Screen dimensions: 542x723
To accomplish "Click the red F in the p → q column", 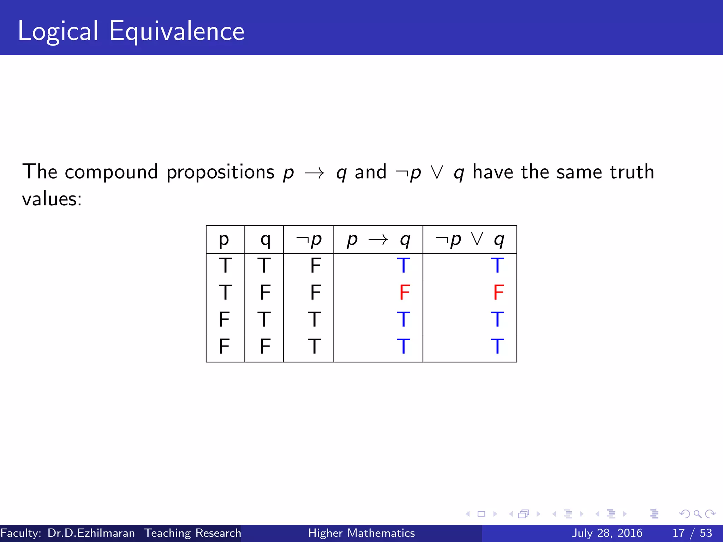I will click(405, 292).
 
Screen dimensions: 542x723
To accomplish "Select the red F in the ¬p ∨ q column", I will click(498, 292).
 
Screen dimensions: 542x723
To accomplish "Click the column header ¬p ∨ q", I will click(470, 240).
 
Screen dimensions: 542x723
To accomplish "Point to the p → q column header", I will click(378, 240).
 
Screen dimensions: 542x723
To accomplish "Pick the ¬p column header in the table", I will click(309, 240).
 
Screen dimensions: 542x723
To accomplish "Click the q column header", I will click(265, 240).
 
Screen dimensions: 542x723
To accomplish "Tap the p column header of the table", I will click(224, 240).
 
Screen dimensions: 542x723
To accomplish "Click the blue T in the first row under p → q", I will click(404, 265).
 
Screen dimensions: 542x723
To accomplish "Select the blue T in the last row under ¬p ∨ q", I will click(497, 346).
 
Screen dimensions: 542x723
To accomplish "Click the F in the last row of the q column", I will click(265, 346).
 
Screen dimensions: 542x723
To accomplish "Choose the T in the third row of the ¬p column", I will click(314, 319).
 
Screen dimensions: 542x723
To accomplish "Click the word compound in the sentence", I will click(111, 172).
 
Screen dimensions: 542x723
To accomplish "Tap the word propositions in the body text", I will click(220, 172).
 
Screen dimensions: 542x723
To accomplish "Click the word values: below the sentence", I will click(52, 199).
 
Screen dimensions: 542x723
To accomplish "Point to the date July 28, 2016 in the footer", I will click(607, 533).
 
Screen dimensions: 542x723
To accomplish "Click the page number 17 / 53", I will click(692, 533).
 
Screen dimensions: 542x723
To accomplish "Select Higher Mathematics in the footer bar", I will click(361, 533).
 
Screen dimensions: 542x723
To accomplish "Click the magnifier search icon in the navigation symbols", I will click(697, 514).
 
